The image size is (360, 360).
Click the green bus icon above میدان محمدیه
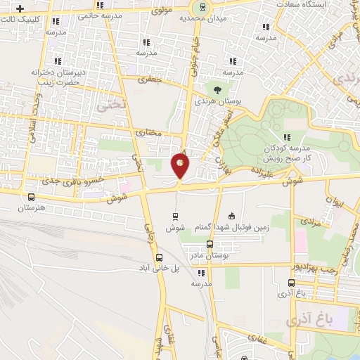(x=202, y=6)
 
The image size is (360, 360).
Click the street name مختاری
(x=148, y=131)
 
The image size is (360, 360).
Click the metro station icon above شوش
(x=175, y=216)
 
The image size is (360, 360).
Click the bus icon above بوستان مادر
(x=210, y=243)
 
